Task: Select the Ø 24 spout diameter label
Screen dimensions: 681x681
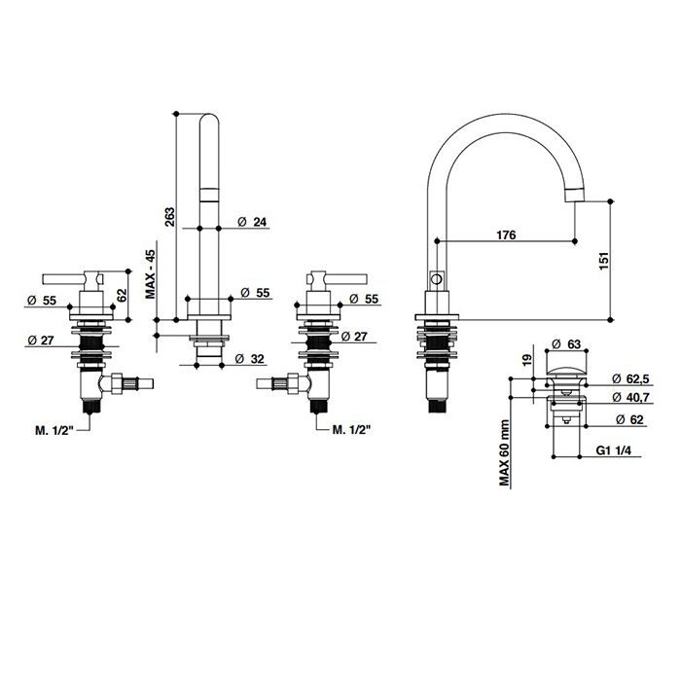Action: tap(251, 223)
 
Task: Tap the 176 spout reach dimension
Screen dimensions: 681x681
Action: tap(505, 234)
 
